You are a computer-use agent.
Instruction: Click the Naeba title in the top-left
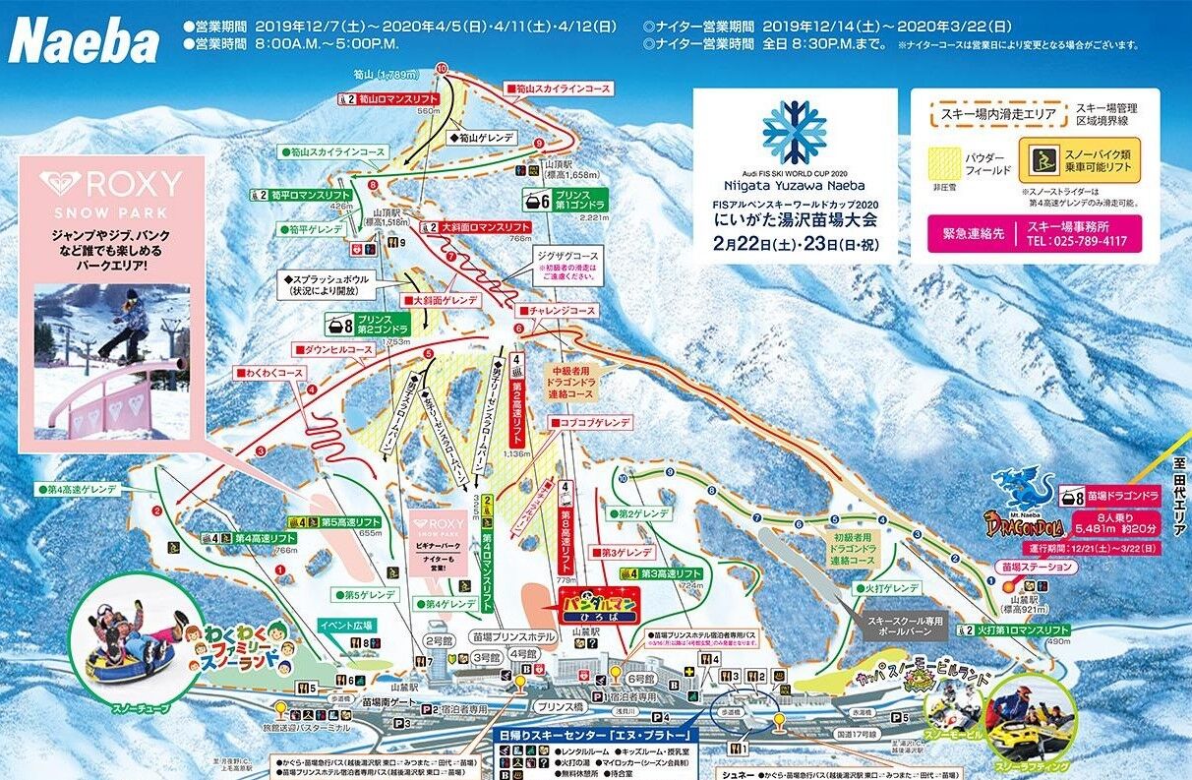pos(84,41)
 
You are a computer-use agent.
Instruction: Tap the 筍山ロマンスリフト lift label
pos(387,99)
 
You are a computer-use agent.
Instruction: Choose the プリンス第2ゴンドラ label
pos(369,326)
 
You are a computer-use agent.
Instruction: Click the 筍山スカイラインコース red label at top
pos(558,89)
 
